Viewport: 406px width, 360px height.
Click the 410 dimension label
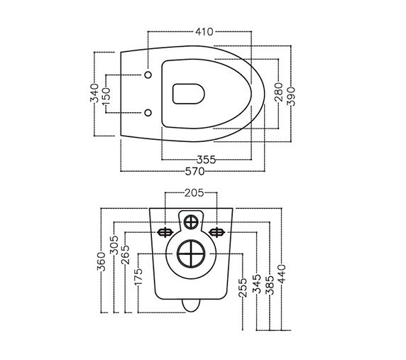(206, 31)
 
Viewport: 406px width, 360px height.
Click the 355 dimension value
(206, 160)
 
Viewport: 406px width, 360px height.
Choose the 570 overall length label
(196, 171)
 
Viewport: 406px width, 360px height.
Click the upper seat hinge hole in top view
(147, 75)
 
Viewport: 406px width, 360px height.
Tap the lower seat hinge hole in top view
(147, 112)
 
